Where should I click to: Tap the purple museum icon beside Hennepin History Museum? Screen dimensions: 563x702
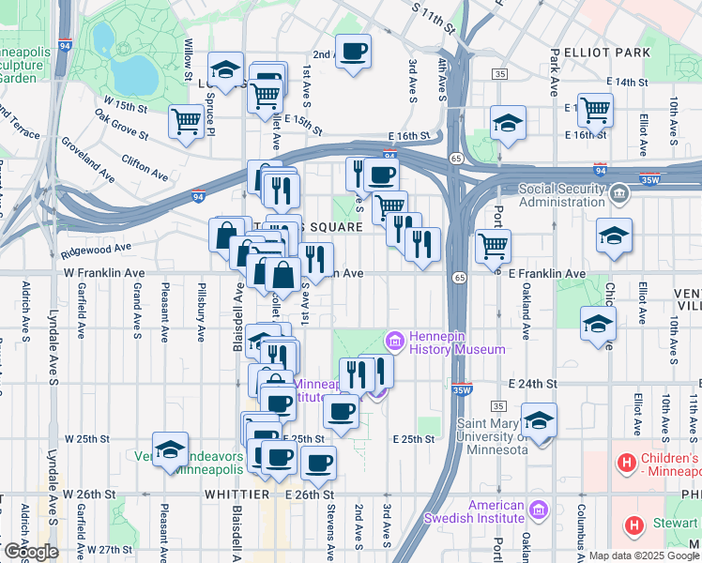395,339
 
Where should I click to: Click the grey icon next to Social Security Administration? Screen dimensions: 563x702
618,195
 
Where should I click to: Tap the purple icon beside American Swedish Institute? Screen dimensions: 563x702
538,510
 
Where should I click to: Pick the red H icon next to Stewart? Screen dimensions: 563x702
634,526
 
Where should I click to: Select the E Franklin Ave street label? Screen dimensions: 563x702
547,274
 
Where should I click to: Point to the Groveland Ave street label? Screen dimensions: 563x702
87,160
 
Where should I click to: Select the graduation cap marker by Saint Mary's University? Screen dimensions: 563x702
539,419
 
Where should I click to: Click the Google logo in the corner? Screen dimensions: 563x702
31,552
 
